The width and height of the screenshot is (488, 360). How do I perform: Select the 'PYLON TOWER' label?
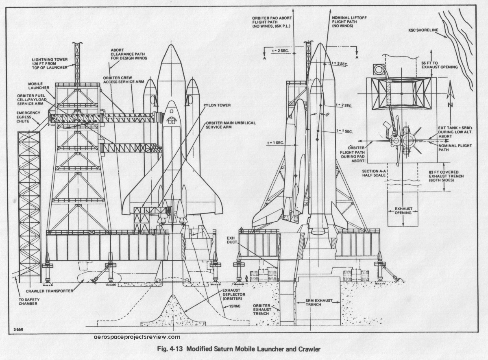pyautogui.click(x=217, y=105)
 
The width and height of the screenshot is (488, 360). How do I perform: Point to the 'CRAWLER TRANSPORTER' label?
pyautogui.click(x=50, y=291)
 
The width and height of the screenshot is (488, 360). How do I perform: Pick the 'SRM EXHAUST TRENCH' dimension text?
pyautogui.click(x=319, y=303)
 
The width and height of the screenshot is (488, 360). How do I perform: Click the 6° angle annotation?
pyautogui.click(x=327, y=115)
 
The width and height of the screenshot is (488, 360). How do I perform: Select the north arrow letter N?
pyautogui.click(x=450, y=105)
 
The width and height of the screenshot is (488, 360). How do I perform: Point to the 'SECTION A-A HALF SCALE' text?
pyautogui.click(x=374, y=173)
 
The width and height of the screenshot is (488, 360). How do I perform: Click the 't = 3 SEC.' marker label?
pyautogui.click(x=340, y=64)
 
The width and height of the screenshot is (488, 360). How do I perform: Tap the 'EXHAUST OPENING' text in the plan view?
pyautogui.click(x=403, y=211)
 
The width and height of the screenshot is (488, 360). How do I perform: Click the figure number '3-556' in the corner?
pyautogui.click(x=18, y=330)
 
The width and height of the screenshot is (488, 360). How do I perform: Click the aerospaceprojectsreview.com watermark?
pyautogui.click(x=137, y=337)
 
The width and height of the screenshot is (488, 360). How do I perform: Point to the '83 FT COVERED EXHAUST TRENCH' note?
pyautogui.click(x=445, y=176)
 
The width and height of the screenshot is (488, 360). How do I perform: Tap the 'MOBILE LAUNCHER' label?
pyautogui.click(x=39, y=86)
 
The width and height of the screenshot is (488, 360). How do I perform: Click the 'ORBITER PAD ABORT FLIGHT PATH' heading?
pyautogui.click(x=272, y=22)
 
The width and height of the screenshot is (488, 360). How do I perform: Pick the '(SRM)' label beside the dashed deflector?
pyautogui.click(x=235, y=306)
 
